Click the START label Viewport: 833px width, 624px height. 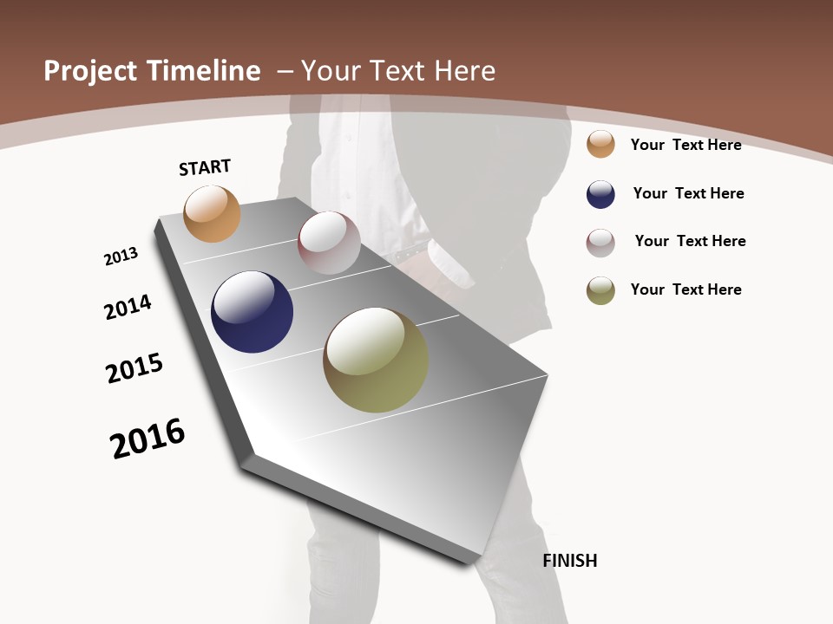pos(205,167)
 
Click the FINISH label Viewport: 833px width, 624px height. pos(570,561)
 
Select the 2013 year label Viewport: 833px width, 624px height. pos(121,257)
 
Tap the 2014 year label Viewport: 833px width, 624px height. pos(128,307)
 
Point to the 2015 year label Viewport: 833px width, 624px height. pos(134,368)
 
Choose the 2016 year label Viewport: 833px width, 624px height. pos(148,438)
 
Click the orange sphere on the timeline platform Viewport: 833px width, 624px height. pos(212,213)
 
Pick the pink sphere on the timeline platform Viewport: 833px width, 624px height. pos(329,243)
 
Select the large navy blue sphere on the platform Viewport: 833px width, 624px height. pos(252,312)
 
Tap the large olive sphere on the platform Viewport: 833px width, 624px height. pos(376,360)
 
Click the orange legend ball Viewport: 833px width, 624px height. pos(600,144)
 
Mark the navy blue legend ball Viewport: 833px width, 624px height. pos(600,194)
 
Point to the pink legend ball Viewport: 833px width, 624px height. pos(600,243)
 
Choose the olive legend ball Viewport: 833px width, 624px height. pos(600,290)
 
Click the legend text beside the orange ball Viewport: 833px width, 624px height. pos(685,145)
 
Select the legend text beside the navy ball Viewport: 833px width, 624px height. pos(688,193)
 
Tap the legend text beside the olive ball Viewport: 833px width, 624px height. pos(685,289)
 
